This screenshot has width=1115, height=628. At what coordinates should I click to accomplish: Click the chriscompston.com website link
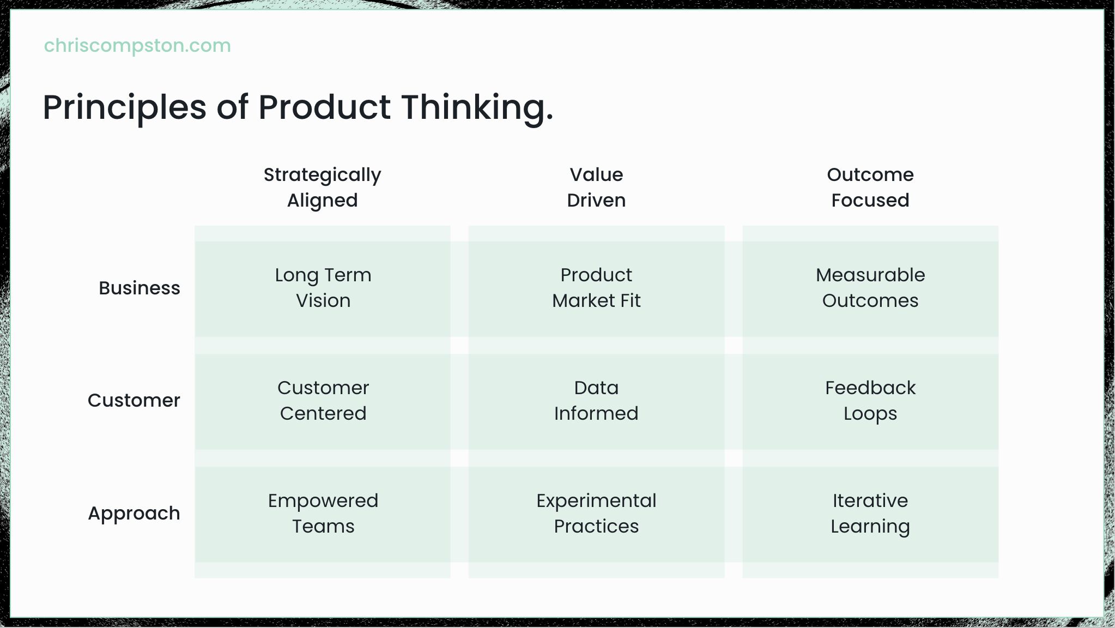click(137, 46)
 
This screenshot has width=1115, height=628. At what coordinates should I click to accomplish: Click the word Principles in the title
click(125, 107)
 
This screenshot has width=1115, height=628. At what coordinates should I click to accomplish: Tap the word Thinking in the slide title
click(477, 107)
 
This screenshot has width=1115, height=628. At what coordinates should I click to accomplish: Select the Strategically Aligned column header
click(323, 188)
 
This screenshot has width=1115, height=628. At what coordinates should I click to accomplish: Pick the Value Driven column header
click(596, 188)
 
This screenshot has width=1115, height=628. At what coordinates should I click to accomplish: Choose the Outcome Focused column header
click(870, 188)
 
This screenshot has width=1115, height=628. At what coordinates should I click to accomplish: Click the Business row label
click(140, 288)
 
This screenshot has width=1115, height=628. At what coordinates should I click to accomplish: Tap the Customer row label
click(134, 401)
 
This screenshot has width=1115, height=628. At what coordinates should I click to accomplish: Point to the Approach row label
click(134, 514)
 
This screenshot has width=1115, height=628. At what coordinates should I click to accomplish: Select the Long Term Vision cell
click(323, 288)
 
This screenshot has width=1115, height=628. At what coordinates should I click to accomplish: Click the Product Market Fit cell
click(596, 288)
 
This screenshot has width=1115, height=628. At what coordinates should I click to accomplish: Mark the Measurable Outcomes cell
click(870, 288)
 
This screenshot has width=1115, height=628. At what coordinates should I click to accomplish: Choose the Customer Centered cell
click(323, 401)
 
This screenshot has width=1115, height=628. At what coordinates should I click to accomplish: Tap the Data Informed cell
click(596, 401)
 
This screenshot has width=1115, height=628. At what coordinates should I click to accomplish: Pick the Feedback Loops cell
click(870, 401)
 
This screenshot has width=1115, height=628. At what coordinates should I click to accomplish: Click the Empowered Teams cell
click(323, 514)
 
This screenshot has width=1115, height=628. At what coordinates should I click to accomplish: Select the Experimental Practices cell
click(596, 514)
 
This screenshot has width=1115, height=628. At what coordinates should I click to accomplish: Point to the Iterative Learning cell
click(870, 514)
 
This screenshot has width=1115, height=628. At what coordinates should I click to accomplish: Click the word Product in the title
click(324, 107)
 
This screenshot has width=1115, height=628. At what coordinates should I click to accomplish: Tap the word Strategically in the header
click(323, 176)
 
